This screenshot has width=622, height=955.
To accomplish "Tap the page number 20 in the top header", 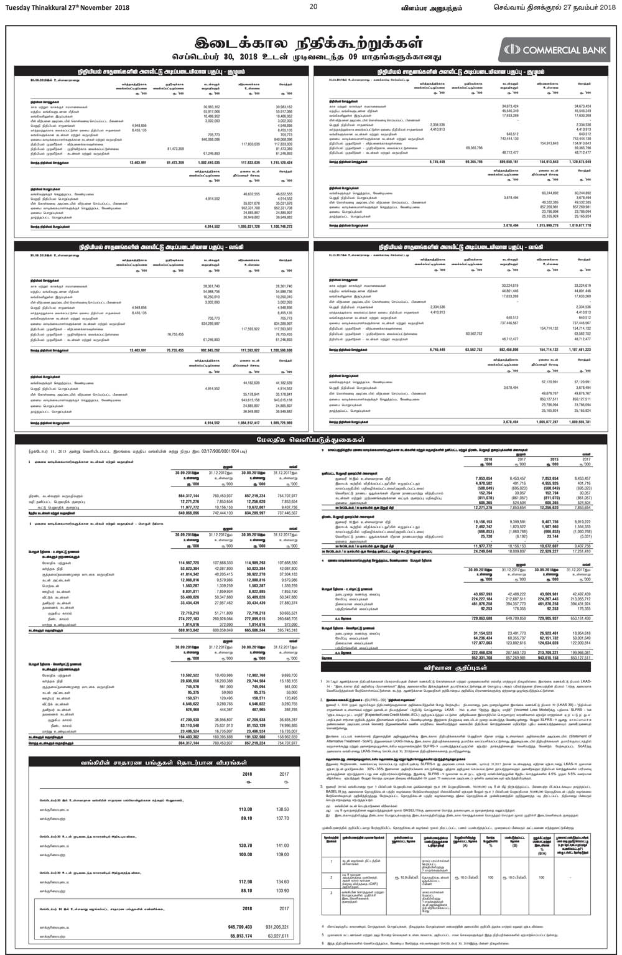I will click(x=313, y=6).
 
